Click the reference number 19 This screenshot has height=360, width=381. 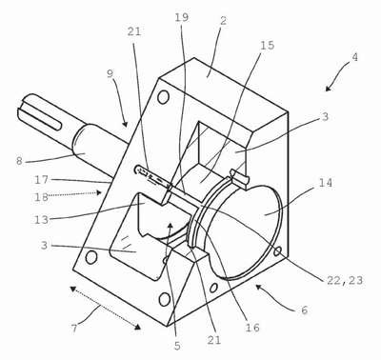182,17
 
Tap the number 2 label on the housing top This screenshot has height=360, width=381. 224,21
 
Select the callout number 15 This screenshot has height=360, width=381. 267,45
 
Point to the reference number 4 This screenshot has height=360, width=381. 355,57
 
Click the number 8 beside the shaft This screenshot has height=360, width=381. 19,161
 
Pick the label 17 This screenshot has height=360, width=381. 42,180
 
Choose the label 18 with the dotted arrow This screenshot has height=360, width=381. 42,197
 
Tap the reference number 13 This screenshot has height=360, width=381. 42,219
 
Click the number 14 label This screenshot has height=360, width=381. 325,183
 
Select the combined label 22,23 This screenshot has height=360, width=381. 345,280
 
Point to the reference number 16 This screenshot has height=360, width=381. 252,327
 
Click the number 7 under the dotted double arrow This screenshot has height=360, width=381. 74,328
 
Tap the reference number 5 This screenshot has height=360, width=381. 177,346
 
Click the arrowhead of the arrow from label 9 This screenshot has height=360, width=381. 126,124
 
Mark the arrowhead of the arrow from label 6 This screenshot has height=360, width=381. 259,287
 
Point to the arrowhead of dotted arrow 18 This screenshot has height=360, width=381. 99,192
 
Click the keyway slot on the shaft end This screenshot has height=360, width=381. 40,120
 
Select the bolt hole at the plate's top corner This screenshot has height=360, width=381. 163,97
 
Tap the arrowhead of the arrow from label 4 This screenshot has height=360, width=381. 328,89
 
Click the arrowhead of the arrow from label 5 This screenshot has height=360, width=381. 170,225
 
